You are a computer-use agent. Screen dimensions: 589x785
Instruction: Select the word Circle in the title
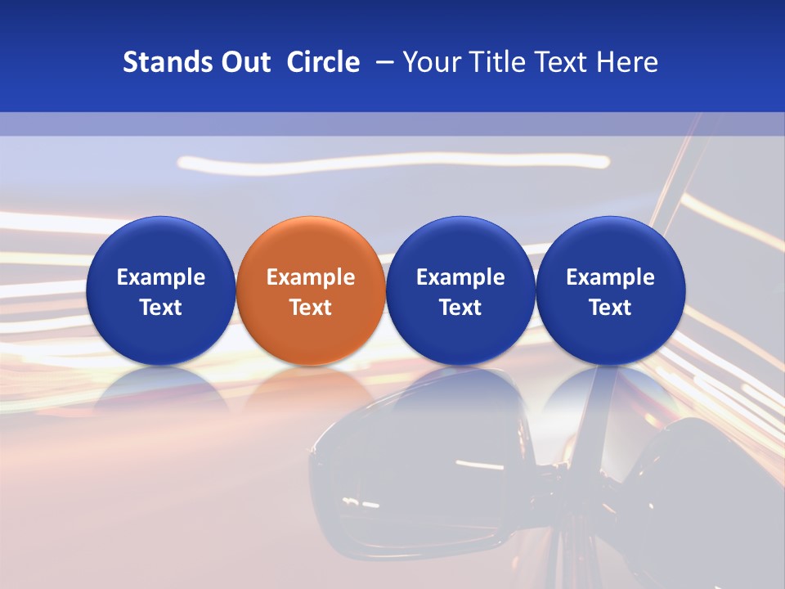coord(323,62)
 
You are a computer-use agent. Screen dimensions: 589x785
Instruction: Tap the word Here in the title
coord(627,62)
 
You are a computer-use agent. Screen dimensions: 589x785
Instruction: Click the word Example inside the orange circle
coord(311,277)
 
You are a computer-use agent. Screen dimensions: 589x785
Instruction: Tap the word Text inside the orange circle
coord(311,308)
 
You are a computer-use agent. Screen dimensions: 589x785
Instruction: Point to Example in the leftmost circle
coord(160,277)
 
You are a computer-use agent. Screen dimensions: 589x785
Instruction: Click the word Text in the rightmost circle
coord(611,308)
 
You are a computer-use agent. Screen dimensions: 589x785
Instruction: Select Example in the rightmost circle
coord(611,277)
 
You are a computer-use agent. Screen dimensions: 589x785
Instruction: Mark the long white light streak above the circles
coord(392,161)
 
